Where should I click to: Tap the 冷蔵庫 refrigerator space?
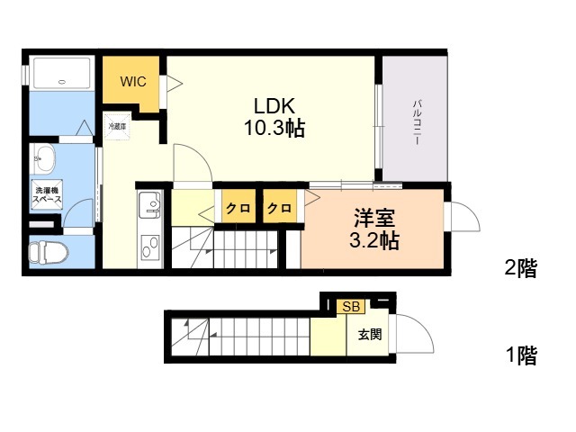pos(118,127)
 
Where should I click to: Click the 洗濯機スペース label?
pos(47,195)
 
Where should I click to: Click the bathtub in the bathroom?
pos(61,73)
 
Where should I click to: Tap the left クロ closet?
pos(238,209)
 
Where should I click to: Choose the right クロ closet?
pos(279,209)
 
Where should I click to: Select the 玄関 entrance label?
pos(370,335)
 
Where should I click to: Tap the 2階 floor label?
pos(520,267)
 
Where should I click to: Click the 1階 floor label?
pos(520,355)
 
